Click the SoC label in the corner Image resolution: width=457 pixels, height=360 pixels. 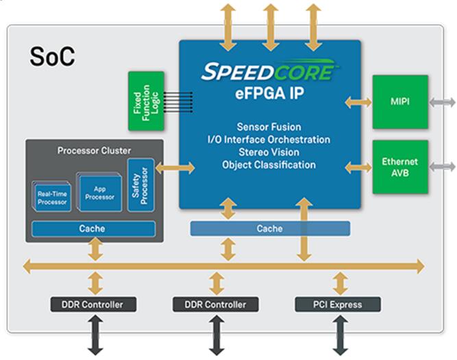point(52,58)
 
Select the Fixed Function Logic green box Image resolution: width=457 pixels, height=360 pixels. point(145,100)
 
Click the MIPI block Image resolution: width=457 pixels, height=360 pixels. point(399,101)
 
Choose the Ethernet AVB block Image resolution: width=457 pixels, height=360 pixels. point(399,167)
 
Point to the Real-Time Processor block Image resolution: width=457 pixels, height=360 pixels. point(51,197)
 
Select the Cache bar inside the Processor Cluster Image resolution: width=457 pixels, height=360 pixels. point(93,229)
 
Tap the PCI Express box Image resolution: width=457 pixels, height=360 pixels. point(337,304)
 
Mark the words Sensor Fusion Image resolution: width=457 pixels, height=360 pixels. point(269,127)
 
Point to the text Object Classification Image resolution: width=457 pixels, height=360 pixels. point(269,165)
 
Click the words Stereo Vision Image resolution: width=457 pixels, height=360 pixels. point(269,152)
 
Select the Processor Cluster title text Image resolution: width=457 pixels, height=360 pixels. point(95,150)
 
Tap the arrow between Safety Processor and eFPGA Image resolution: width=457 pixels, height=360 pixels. point(175,167)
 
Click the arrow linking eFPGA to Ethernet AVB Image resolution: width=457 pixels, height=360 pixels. point(358,167)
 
